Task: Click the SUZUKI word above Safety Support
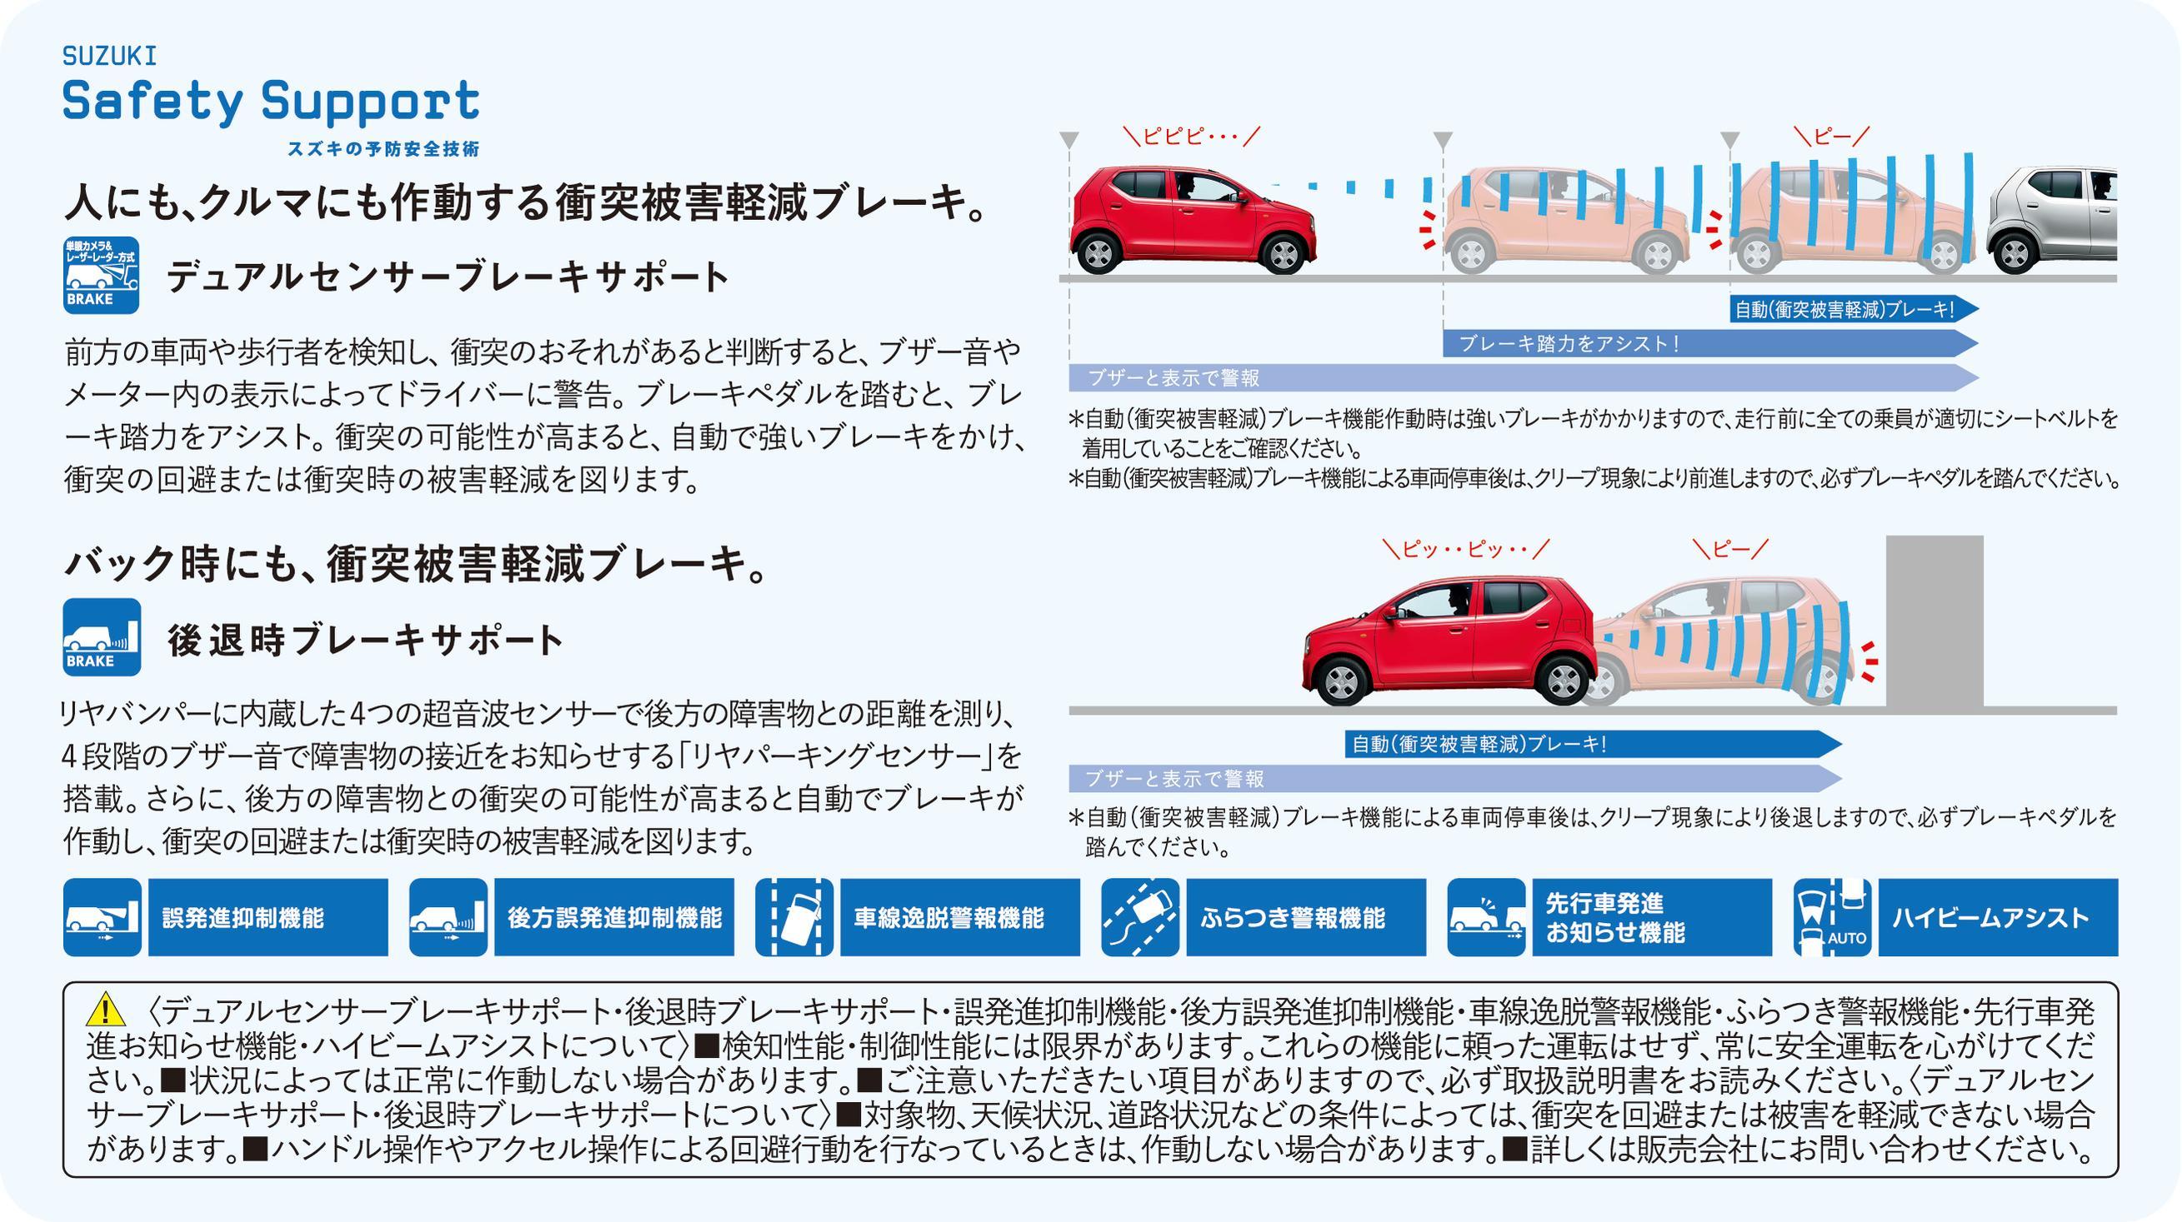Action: tap(109, 56)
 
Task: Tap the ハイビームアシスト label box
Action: tap(1998, 917)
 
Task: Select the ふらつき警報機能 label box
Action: tap(1306, 917)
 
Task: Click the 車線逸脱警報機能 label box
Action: tap(959, 917)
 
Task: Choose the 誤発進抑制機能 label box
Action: tap(268, 917)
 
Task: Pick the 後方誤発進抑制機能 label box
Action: tap(614, 917)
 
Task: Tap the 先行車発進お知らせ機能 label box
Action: tap(1652, 917)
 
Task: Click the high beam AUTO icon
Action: tap(1832, 917)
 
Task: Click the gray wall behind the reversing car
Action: tap(1934, 621)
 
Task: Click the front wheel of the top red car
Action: tap(1284, 252)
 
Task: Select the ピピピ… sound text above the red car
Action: tap(1192, 137)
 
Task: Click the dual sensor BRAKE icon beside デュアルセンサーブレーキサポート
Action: tap(102, 275)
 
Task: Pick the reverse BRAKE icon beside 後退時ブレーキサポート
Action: tap(102, 637)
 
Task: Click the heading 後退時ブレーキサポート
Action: tap(365, 641)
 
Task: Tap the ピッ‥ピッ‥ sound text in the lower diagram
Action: tap(1466, 550)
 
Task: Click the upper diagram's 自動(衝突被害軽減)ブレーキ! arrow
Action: tap(1854, 309)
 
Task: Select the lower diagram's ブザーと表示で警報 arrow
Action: tap(1455, 778)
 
